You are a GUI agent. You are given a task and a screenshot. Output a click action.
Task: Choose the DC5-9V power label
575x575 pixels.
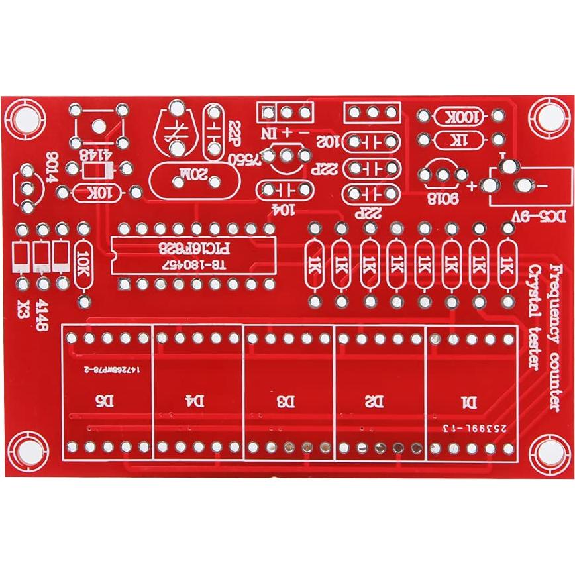[538, 217]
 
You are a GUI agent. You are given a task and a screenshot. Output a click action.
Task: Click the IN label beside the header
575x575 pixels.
[268, 133]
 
